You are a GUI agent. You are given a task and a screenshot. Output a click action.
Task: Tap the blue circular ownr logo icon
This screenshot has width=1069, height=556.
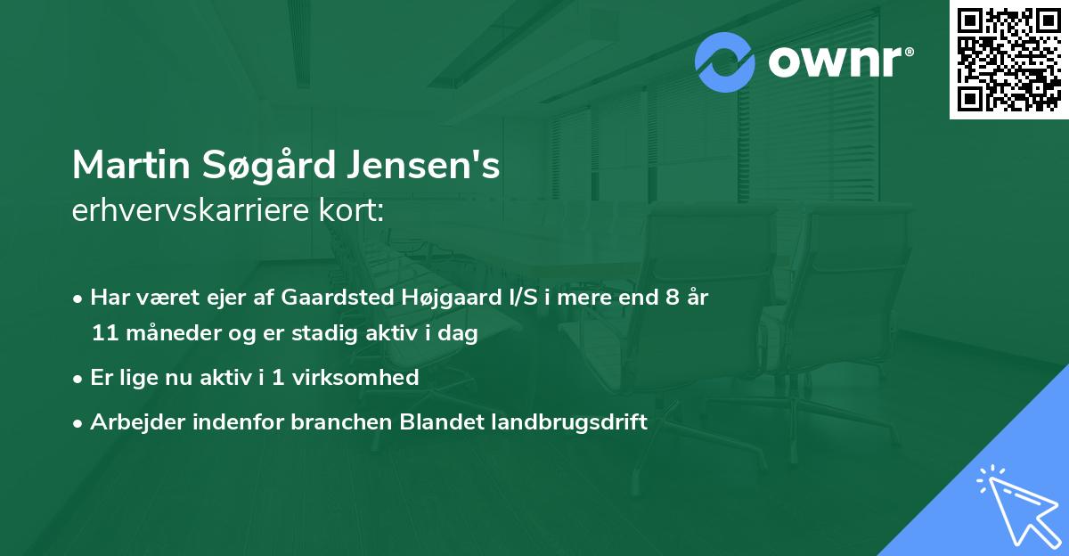click(x=725, y=61)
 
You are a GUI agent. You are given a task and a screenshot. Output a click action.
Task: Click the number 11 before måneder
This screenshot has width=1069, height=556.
click(x=103, y=333)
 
